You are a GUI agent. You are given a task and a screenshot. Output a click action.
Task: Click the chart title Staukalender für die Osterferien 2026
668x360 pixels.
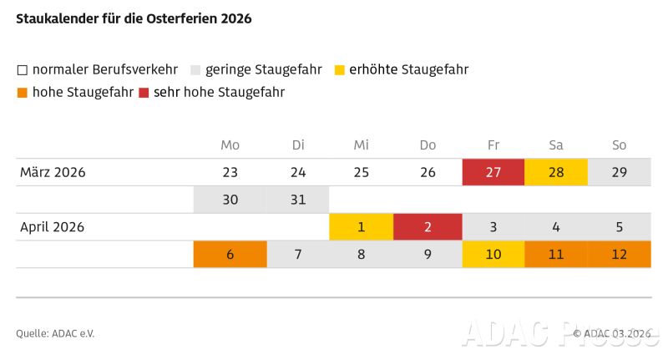pyautogui.click(x=134, y=18)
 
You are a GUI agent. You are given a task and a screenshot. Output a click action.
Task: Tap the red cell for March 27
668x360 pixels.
pyautogui.click(x=493, y=173)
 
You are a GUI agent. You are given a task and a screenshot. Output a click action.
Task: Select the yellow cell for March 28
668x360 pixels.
pyautogui.click(x=556, y=173)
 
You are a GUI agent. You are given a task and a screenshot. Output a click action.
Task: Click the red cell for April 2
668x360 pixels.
pyautogui.click(x=428, y=226)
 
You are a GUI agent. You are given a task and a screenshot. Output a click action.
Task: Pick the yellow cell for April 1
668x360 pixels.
pyautogui.click(x=362, y=226)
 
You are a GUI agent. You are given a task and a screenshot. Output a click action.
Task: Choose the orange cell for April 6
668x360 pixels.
pyautogui.click(x=230, y=254)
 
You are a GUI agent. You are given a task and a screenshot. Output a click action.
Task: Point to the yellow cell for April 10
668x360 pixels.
pyautogui.click(x=493, y=254)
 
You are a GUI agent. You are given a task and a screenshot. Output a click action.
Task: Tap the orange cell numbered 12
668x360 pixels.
pyautogui.click(x=619, y=254)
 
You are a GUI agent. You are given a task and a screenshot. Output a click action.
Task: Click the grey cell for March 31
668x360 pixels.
pyautogui.click(x=298, y=200)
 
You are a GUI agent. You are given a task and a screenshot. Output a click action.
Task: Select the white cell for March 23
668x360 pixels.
pyautogui.click(x=230, y=173)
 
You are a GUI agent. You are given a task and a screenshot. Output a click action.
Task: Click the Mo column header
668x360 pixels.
pyautogui.click(x=230, y=145)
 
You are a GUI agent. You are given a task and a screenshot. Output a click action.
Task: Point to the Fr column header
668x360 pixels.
pyautogui.click(x=493, y=145)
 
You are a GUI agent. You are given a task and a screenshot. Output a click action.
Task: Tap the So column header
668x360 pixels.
pyautogui.click(x=619, y=145)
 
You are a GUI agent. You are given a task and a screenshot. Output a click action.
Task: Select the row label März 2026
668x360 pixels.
pyautogui.click(x=53, y=173)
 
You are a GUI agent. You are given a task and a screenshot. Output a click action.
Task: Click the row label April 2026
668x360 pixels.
pyautogui.click(x=52, y=226)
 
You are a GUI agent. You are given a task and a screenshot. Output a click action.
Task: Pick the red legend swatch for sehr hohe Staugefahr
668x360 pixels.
pyautogui.click(x=144, y=93)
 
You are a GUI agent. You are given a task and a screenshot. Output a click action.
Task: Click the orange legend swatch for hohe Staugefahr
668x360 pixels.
pyautogui.click(x=23, y=93)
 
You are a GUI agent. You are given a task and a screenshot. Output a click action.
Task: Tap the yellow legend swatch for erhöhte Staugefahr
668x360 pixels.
pyautogui.click(x=339, y=70)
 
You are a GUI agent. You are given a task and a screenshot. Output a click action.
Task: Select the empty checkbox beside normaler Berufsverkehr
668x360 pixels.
pyautogui.click(x=23, y=70)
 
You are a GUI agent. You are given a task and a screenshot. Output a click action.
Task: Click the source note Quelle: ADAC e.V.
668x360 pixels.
pyautogui.click(x=55, y=333)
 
